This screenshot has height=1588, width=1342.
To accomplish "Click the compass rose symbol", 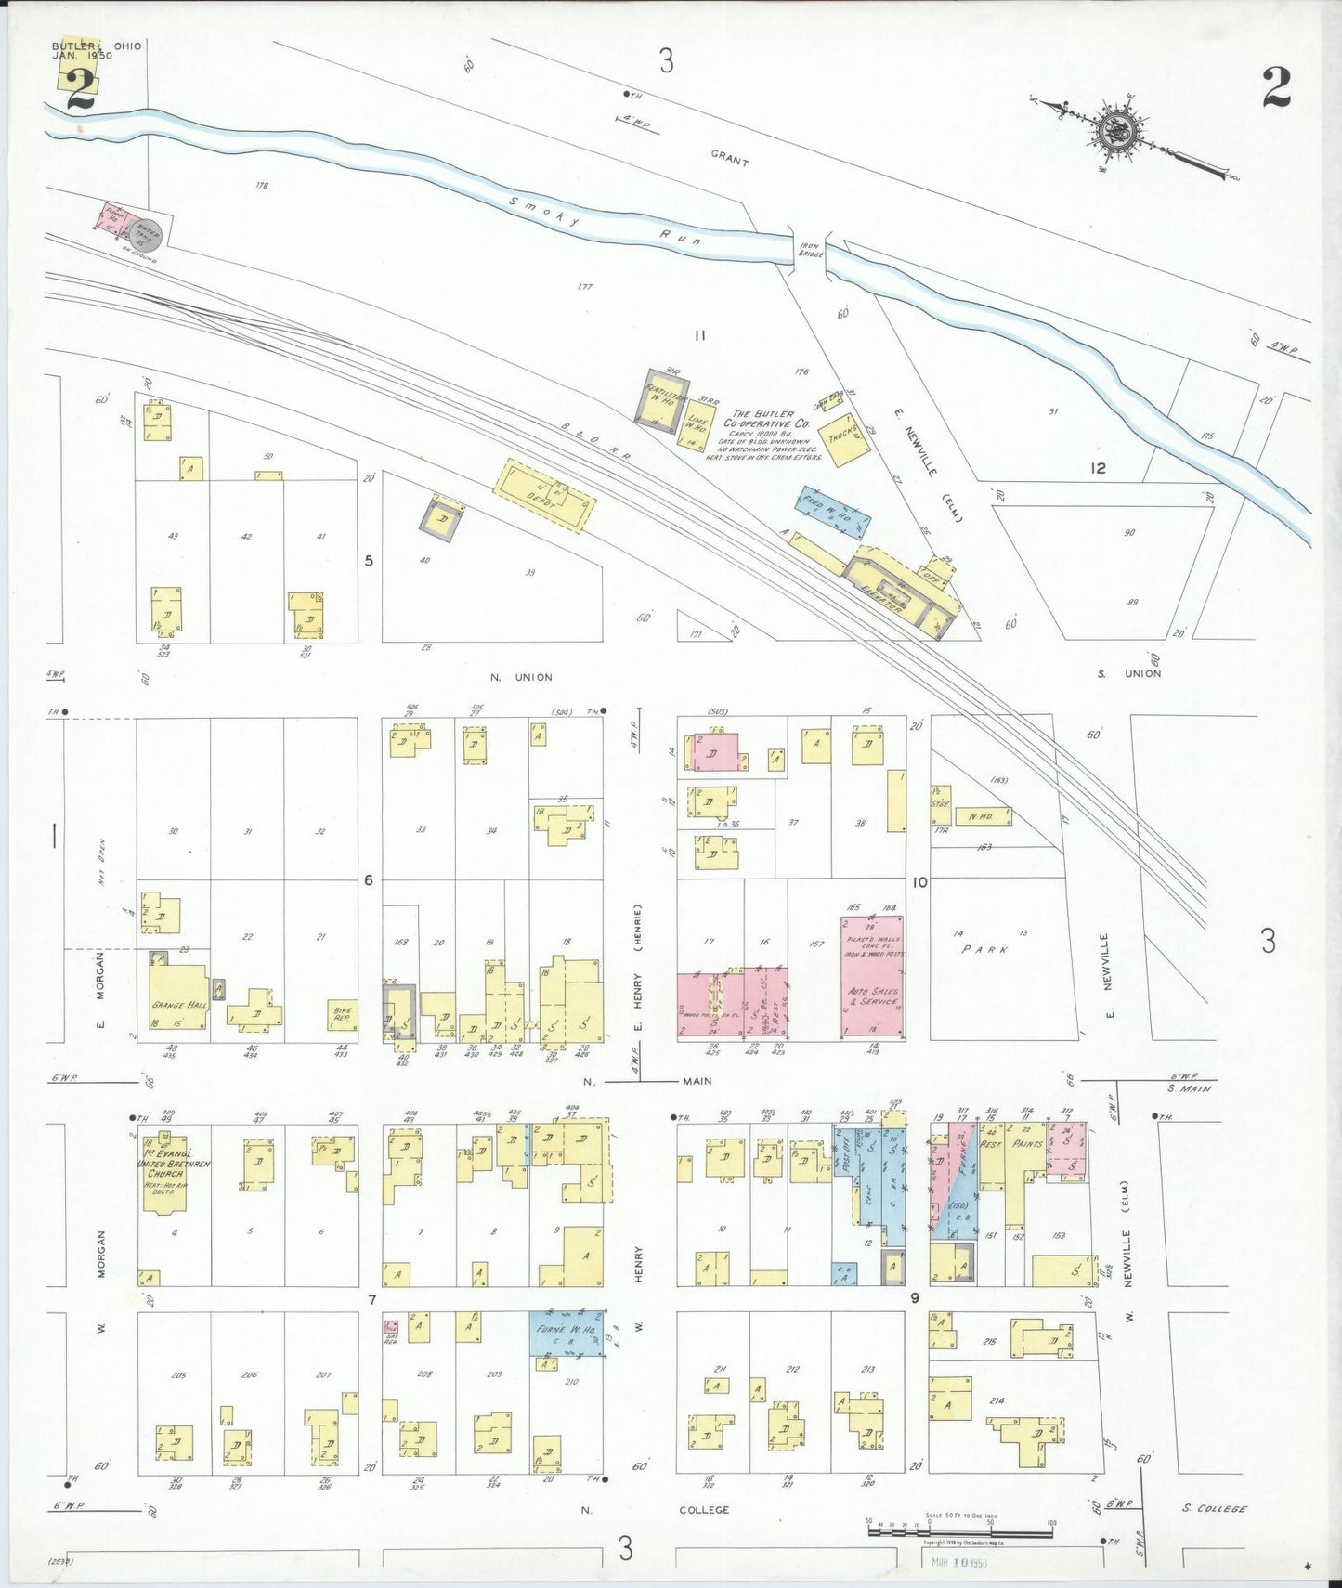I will pyautogui.click(x=1117, y=131).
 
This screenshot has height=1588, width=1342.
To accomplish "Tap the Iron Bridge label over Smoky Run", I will pyautogui.click(x=811, y=250).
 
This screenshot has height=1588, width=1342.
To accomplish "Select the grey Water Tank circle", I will pyautogui.click(x=149, y=234).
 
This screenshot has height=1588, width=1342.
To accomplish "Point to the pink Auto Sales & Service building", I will pyautogui.click(x=872, y=977).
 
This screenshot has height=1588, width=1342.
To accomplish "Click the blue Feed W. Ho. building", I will pyautogui.click(x=832, y=512).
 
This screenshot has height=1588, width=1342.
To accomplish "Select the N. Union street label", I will pyautogui.click(x=520, y=677).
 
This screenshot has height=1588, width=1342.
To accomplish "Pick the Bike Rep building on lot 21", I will pyautogui.click(x=343, y=1016).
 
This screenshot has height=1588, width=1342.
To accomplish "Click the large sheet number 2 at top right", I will pyautogui.click(x=1276, y=87).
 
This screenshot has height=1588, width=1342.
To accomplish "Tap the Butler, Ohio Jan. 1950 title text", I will pyautogui.click(x=96, y=50).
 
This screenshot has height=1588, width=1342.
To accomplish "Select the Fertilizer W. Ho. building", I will pyautogui.click(x=663, y=399).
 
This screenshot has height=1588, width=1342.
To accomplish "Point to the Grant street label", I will pyautogui.click(x=730, y=159).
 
